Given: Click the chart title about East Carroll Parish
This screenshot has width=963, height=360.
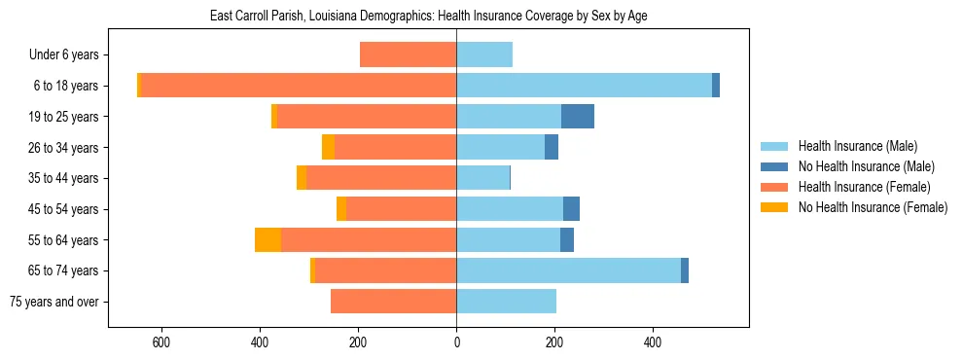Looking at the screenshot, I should pos(428,16).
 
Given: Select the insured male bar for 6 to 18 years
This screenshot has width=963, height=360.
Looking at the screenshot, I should pos(584,86).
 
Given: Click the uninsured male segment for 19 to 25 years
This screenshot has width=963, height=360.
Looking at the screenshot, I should pos(578,117).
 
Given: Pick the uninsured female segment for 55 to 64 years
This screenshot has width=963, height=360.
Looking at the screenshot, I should pos(267,239).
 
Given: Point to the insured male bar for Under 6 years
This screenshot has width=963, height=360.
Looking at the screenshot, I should pos(484,54).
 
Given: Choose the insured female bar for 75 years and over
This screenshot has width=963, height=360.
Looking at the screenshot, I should pos(394,302).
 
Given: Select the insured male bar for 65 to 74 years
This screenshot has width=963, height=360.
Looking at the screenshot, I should pos(568,270).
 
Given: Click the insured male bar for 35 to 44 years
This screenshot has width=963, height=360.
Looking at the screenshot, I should pos(482,178).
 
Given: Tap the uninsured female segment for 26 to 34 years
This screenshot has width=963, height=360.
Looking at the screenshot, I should pos(328,147).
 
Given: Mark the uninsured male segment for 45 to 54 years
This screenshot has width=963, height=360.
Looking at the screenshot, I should pos(571,209).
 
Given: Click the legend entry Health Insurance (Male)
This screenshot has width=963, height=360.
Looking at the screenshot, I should pos(857,146).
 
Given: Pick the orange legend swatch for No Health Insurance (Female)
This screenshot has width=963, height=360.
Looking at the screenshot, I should pos(774,207).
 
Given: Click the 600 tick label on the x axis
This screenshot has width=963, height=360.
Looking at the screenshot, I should pos(161,342).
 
